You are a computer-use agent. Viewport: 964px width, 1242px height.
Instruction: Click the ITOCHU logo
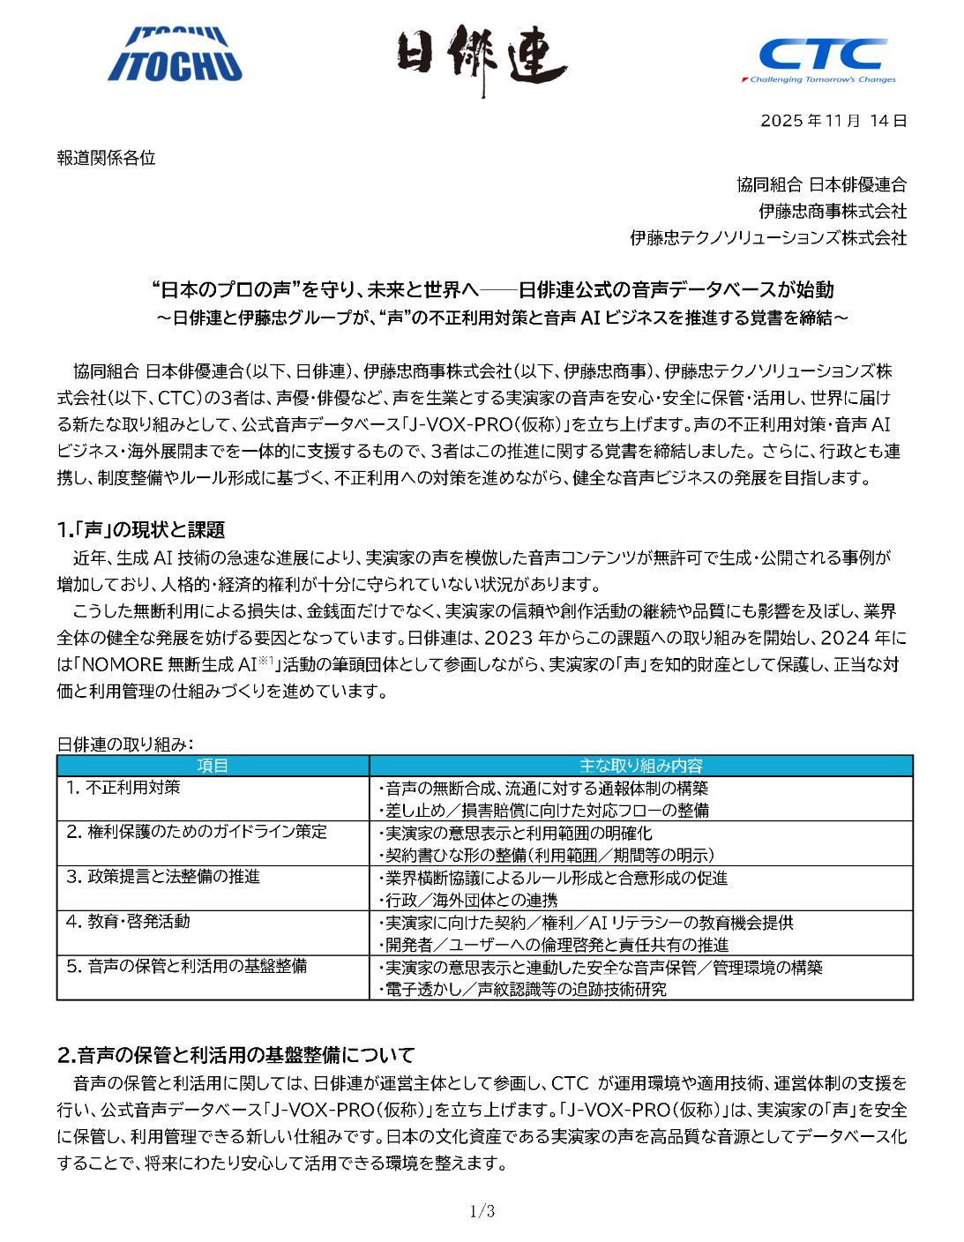pyautogui.click(x=175, y=55)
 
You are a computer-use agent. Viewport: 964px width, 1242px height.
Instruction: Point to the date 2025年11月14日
pyautogui.click(x=833, y=121)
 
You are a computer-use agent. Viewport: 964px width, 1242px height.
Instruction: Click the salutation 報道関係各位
pyautogui.click(x=106, y=158)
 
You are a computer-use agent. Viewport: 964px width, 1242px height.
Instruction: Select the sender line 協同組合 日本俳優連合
pyautogui.click(x=821, y=184)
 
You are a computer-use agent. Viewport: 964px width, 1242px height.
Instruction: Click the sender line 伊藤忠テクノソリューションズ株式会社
pyautogui.click(x=767, y=237)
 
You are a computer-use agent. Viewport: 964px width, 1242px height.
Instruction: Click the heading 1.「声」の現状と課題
pyautogui.click(x=141, y=529)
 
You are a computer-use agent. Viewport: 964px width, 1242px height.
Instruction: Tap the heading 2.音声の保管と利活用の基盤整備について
pyautogui.click(x=235, y=1054)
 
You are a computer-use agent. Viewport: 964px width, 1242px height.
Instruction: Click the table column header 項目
pyautogui.click(x=213, y=766)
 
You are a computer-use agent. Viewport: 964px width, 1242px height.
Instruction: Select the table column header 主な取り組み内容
pyautogui.click(x=640, y=766)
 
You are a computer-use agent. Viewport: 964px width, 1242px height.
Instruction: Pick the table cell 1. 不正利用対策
pyautogui.click(x=123, y=787)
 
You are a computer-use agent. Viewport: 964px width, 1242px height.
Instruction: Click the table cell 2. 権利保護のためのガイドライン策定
pyautogui.click(x=197, y=832)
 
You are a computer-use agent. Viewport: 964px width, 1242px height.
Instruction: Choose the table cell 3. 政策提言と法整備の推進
pyautogui.click(x=163, y=877)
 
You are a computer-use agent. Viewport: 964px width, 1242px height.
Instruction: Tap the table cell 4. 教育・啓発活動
pyautogui.click(x=128, y=921)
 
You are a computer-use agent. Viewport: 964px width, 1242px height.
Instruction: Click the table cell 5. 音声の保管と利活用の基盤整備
pyautogui.click(x=186, y=966)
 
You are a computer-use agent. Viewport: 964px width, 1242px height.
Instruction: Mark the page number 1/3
pyautogui.click(x=482, y=1211)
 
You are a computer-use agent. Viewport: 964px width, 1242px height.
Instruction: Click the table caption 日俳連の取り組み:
pyautogui.click(x=125, y=744)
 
